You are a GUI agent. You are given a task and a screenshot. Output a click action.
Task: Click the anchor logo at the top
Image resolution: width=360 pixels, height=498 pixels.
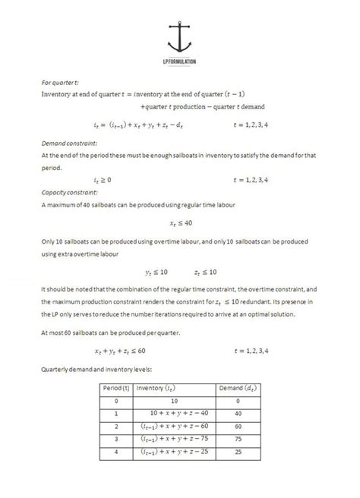[180, 35]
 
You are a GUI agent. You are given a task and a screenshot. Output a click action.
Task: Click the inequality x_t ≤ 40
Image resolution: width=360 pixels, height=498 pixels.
[180, 222]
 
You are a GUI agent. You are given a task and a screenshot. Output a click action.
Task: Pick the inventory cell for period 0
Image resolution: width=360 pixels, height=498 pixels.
[174, 401]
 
